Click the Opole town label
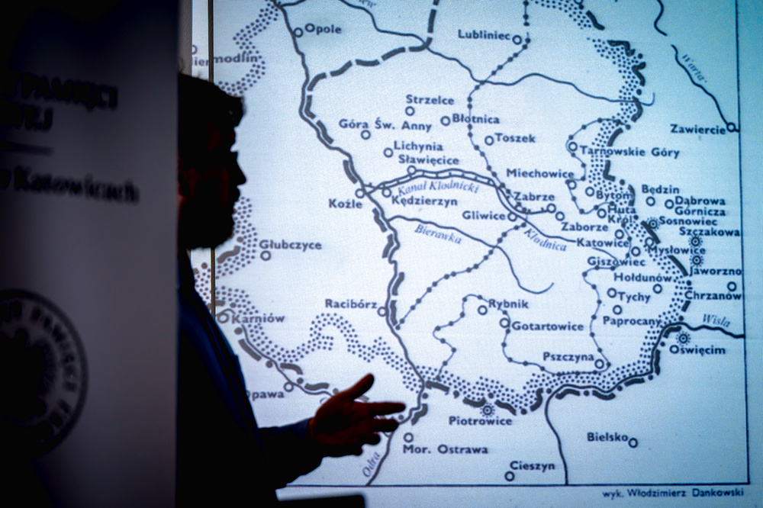(x=323, y=29)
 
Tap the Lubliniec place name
(x=485, y=34)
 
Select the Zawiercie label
(x=697, y=129)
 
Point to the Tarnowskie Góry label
(x=629, y=152)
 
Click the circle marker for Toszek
(x=488, y=140)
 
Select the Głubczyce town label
(x=290, y=245)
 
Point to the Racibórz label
(x=350, y=304)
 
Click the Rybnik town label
(x=508, y=304)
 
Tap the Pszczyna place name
(x=567, y=356)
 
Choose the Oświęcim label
(x=697, y=349)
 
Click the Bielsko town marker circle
(x=633, y=442)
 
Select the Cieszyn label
(x=533, y=467)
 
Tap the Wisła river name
(x=715, y=321)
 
